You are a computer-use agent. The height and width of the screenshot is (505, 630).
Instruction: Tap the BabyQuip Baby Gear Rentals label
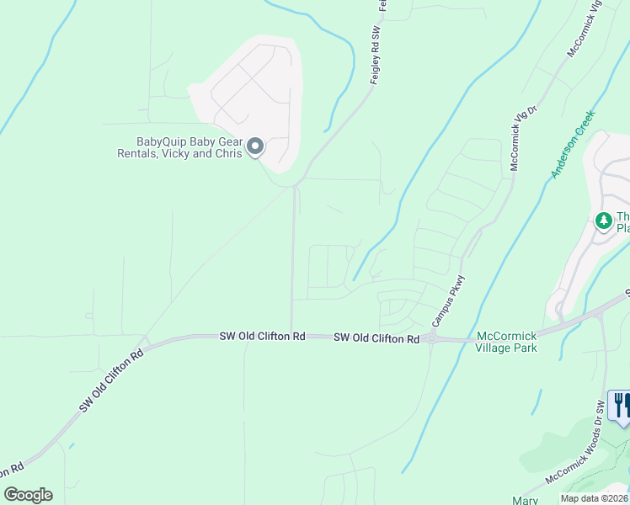click(x=178, y=148)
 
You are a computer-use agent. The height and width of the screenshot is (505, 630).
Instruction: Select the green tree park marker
click(x=603, y=221)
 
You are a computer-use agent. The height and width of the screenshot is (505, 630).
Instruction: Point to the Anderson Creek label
click(x=573, y=144)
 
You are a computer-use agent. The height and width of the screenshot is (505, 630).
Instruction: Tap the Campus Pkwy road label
click(x=449, y=300)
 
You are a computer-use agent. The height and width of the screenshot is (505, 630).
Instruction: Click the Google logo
click(x=28, y=494)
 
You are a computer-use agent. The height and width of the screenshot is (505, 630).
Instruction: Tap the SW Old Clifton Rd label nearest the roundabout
click(x=376, y=338)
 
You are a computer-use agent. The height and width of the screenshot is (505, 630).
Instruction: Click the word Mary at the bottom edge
click(x=525, y=500)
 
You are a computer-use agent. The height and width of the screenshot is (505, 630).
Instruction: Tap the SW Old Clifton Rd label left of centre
click(x=262, y=336)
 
